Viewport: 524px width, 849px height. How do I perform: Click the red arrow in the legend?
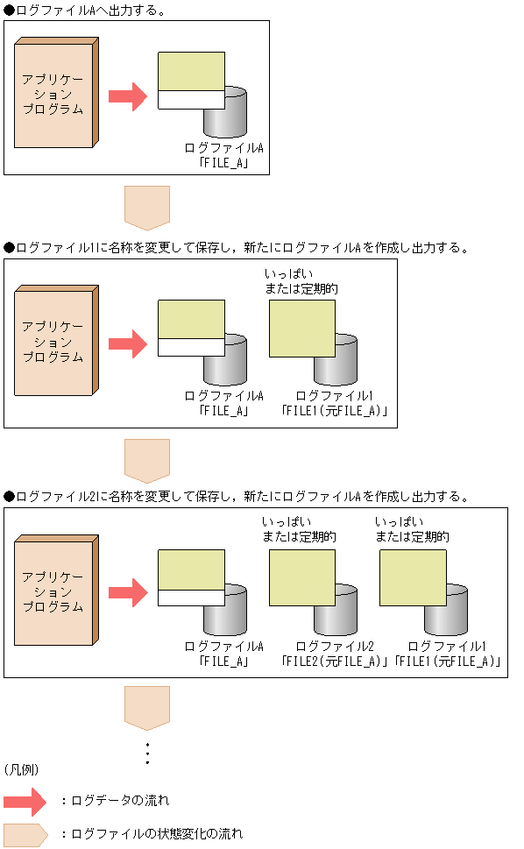[25, 801]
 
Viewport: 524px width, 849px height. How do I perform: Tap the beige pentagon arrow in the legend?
[25, 834]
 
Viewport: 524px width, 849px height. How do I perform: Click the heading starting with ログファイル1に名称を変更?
[237, 248]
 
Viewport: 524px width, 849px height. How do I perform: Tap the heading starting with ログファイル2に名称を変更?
[237, 497]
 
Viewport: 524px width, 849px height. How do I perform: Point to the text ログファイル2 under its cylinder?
[335, 647]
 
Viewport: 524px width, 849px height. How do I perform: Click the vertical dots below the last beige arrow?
[147, 753]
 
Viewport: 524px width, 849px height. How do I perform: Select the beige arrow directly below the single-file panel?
[147, 207]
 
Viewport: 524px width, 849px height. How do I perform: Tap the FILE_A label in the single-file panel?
[223, 162]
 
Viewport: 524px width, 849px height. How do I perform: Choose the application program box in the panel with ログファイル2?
[54, 593]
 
